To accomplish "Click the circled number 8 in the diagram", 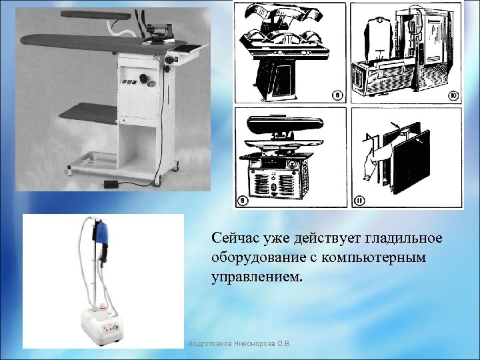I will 338,97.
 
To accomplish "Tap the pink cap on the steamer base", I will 103,306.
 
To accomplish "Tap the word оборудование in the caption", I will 257,257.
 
